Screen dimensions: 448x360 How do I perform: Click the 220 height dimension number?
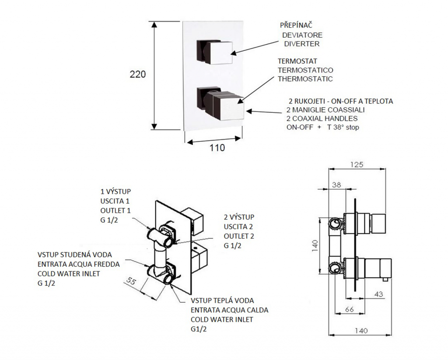point(138,74)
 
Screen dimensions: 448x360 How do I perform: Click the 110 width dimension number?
point(217,148)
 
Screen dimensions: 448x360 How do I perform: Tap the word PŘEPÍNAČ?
point(296,25)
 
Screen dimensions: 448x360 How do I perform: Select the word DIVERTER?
point(302,44)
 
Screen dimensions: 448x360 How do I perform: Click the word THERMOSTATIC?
point(305,79)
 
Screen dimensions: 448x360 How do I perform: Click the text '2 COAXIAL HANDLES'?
point(322,119)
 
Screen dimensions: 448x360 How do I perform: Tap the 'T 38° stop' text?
point(343,127)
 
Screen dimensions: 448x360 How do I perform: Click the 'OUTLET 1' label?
point(115,210)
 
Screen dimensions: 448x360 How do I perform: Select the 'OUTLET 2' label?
point(239,236)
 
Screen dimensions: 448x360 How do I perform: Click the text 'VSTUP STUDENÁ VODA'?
point(74,255)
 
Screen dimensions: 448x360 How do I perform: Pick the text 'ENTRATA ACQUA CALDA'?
point(229,310)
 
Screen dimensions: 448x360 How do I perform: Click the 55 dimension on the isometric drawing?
point(131,281)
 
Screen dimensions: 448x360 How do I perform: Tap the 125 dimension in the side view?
point(357,164)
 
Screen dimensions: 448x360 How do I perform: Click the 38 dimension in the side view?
point(336,185)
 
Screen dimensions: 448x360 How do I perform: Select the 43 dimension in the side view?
point(378,294)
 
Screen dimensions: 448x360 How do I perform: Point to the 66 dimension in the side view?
point(350,309)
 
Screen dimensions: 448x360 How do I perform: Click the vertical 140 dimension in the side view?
point(315,246)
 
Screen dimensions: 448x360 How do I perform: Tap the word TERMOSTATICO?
point(305,70)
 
